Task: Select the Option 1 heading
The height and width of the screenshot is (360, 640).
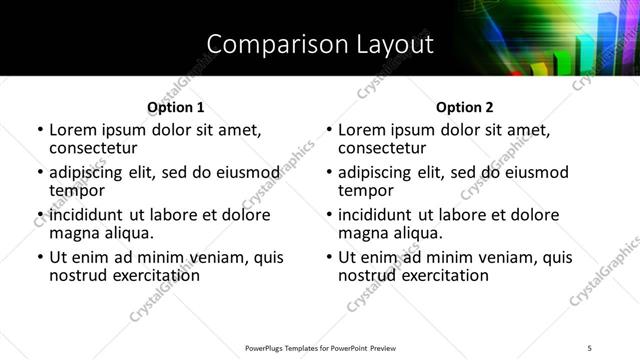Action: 175,106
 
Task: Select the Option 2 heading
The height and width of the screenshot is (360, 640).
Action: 465,106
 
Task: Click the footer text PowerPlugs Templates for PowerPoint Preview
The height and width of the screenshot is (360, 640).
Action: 321,347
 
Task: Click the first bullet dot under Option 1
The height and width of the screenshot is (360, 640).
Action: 40,131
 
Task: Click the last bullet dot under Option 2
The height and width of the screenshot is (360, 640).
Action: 329,258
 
